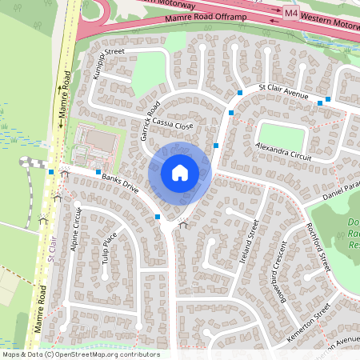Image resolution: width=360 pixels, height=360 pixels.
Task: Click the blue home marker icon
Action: coord(180,173)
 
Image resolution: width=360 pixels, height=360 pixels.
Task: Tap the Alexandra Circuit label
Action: coord(283,151)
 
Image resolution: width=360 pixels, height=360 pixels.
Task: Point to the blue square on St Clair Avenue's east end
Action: coord(319,102)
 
